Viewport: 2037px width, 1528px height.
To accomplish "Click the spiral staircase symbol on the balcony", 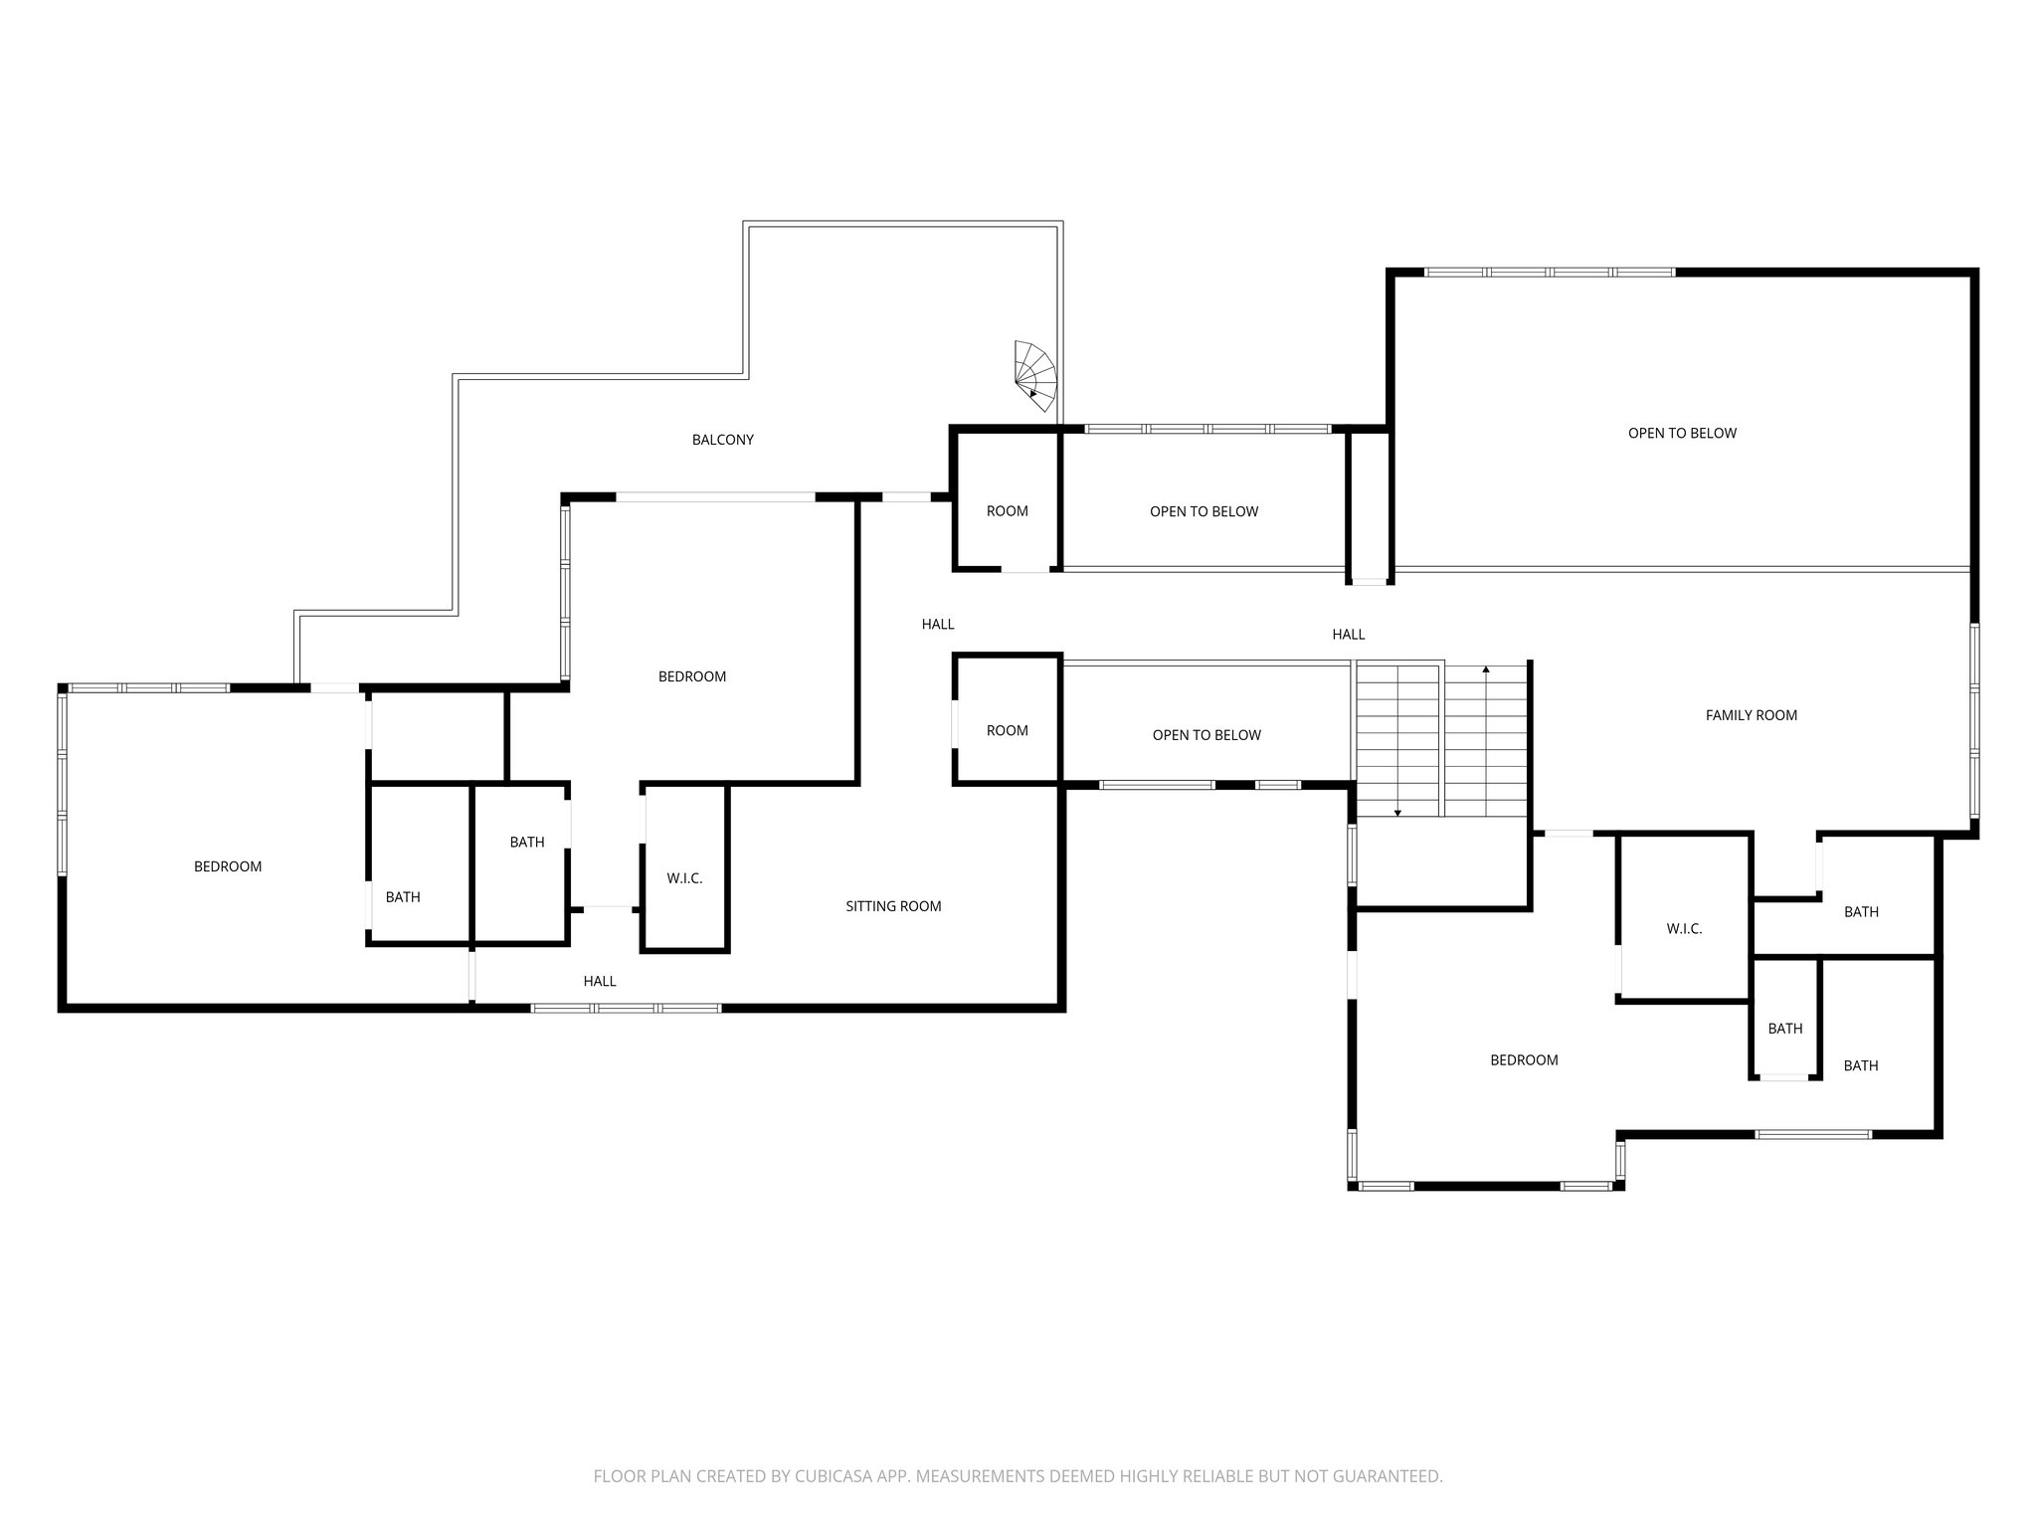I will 1034,376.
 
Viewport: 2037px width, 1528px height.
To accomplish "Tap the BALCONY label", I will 722,440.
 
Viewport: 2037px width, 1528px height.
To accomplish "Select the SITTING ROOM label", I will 893,906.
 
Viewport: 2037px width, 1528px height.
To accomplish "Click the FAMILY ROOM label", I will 1751,715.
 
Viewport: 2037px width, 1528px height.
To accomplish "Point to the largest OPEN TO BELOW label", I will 1682,433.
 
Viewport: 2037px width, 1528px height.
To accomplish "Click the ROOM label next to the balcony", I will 1007,511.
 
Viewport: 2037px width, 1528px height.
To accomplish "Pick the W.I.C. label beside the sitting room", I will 684,878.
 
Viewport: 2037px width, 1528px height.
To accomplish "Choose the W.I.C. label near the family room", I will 1684,929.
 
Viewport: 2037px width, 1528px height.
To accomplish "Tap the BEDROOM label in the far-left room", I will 228,866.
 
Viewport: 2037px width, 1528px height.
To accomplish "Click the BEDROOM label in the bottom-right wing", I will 1524,1060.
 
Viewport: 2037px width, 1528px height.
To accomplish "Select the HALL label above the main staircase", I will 1348,635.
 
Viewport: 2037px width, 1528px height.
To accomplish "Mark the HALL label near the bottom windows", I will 599,981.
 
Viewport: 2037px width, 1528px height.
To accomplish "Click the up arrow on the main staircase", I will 1486,670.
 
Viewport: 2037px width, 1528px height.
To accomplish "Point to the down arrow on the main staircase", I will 1397,812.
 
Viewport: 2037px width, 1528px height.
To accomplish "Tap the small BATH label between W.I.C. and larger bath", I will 1784,1029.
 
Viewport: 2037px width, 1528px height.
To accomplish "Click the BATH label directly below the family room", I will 1860,912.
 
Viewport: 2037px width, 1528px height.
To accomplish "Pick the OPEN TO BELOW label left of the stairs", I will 1205,735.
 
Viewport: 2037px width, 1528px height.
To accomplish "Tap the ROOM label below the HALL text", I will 1007,731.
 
